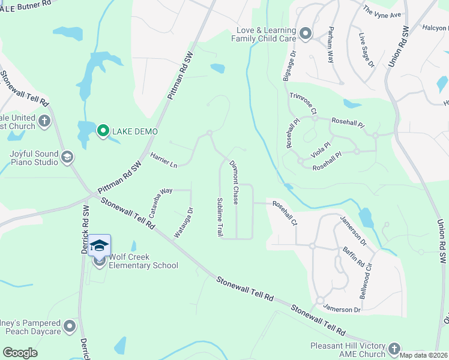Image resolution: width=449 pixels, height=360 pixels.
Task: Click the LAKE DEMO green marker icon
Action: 103,130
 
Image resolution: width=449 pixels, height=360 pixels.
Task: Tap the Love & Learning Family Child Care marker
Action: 306,34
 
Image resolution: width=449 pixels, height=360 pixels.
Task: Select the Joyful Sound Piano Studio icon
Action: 67,157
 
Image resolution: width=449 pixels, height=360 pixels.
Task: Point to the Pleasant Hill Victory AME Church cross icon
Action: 394,348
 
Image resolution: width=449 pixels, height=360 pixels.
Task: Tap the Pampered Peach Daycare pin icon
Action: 70,326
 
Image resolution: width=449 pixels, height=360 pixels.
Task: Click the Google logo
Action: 20,353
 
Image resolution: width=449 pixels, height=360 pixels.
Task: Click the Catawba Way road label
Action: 160,200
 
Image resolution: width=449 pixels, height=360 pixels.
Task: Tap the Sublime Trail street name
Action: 220,217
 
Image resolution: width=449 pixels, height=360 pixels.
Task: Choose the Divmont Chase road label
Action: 235,183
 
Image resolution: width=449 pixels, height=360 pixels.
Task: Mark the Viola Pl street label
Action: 321,149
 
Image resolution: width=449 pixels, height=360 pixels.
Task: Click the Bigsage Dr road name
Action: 289,66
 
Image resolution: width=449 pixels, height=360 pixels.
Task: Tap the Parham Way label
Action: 331,46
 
